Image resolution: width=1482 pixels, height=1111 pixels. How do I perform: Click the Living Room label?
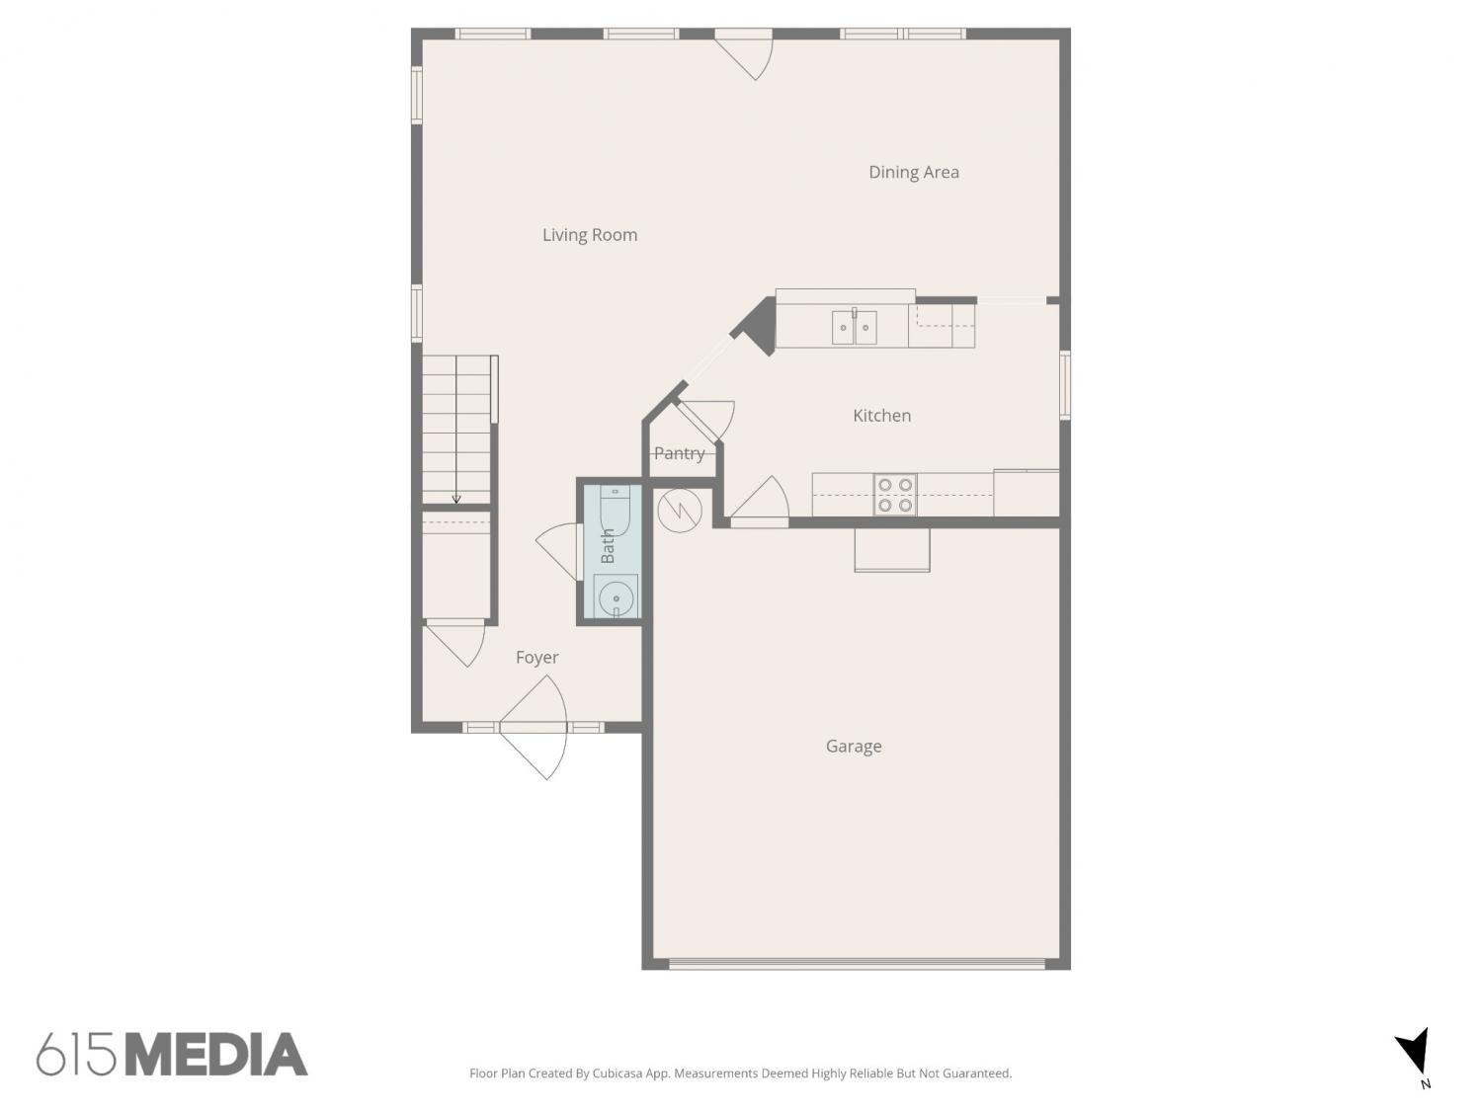[x=590, y=235]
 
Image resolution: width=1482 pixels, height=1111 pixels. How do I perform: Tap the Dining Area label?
[x=914, y=172]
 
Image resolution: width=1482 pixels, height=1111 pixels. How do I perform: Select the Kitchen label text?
[x=881, y=416]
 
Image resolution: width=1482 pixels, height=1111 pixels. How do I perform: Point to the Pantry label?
[x=679, y=453]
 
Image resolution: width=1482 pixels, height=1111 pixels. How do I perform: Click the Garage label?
[x=854, y=746]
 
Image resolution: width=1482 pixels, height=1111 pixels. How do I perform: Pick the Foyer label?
[x=536, y=657]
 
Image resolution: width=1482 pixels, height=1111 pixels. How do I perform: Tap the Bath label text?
[x=608, y=546]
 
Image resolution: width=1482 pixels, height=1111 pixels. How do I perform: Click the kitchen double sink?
[x=854, y=328]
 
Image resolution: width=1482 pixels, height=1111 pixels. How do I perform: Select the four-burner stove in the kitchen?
[x=895, y=495]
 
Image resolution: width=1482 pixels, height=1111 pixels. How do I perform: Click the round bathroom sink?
[x=616, y=597]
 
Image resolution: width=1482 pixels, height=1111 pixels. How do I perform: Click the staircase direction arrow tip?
[x=456, y=503]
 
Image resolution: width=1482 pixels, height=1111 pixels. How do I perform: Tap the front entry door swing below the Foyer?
[x=534, y=728]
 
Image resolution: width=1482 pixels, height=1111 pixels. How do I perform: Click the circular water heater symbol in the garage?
[x=680, y=510]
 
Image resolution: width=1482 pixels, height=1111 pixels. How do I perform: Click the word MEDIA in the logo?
[x=217, y=1054]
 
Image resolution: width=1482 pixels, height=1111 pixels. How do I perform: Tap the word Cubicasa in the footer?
[x=617, y=1073]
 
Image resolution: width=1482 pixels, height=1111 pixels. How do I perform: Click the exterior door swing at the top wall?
[x=743, y=55]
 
